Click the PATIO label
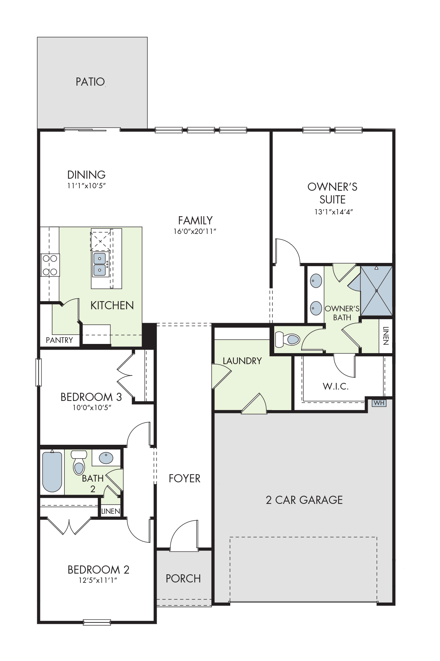click(90, 82)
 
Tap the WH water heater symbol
click(379, 403)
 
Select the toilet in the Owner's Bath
click(287, 339)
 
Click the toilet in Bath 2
click(79, 462)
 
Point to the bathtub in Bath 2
click(52, 471)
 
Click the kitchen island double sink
click(100, 264)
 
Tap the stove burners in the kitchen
click(50, 265)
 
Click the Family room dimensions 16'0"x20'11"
click(195, 231)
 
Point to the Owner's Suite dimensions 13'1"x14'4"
click(332, 212)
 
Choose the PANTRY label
click(59, 340)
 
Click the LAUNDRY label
click(242, 361)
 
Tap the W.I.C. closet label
click(335, 386)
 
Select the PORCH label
click(183, 579)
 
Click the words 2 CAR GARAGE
click(304, 500)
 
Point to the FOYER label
click(185, 478)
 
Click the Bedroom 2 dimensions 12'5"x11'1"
click(98, 581)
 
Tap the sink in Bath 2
click(106, 458)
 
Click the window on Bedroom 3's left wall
click(39, 372)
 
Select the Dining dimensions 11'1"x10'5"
click(87, 185)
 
